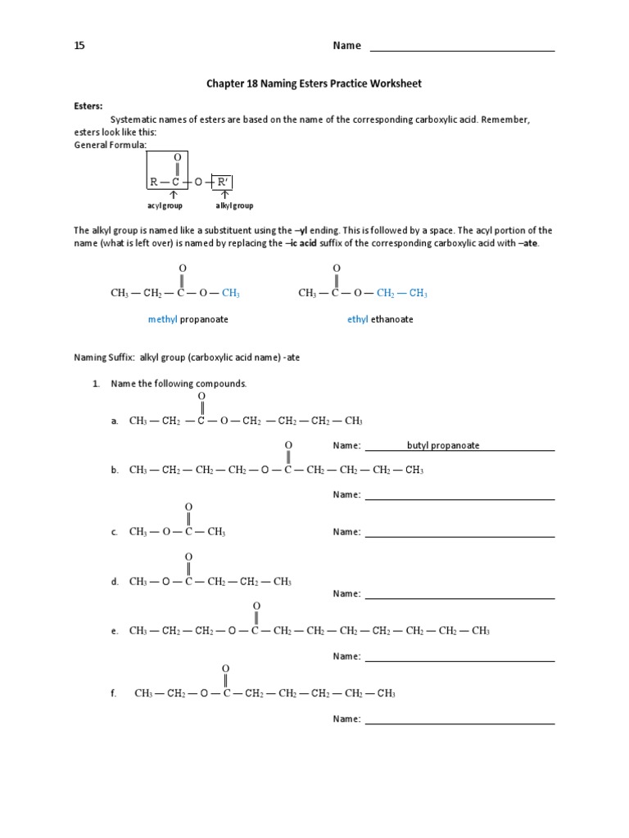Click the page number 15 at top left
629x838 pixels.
[79, 46]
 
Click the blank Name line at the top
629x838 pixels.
[462, 47]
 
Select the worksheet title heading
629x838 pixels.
[314, 83]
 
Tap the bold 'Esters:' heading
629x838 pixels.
[88, 106]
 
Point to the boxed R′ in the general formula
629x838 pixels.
[222, 182]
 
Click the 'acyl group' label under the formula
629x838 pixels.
[165, 206]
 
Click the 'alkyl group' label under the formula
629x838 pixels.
[234, 206]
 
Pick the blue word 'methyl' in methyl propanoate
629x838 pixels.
[162, 319]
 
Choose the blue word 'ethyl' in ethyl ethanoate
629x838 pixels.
[357, 319]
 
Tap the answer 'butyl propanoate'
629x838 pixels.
[443, 446]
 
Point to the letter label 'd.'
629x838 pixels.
[115, 582]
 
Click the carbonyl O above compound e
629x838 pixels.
[256, 606]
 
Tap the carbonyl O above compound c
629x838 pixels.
[188, 507]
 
